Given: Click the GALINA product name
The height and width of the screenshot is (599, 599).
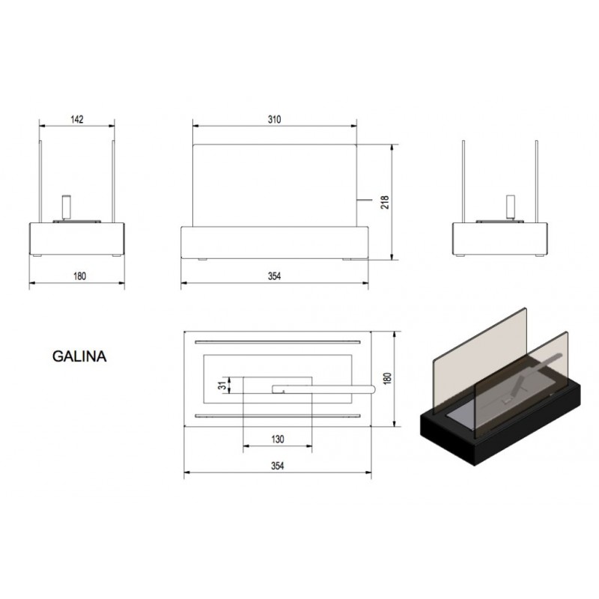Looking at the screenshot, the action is coord(79,356).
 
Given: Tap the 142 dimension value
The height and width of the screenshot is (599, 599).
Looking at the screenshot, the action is coord(77,119).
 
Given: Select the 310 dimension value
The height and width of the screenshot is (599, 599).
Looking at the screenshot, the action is coord(274,120).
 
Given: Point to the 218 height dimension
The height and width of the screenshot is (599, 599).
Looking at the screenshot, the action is coord(385,202).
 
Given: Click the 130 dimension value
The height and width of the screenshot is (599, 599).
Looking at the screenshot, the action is coord(278,440).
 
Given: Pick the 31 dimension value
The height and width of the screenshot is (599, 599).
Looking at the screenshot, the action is coord(222,386).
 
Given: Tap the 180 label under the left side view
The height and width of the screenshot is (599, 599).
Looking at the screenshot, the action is coord(79,276).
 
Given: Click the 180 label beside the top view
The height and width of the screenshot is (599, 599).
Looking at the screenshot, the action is coord(387,379).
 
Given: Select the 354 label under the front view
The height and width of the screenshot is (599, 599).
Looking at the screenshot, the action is coord(274,276).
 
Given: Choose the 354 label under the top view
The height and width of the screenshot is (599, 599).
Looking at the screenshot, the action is coord(278,466).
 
